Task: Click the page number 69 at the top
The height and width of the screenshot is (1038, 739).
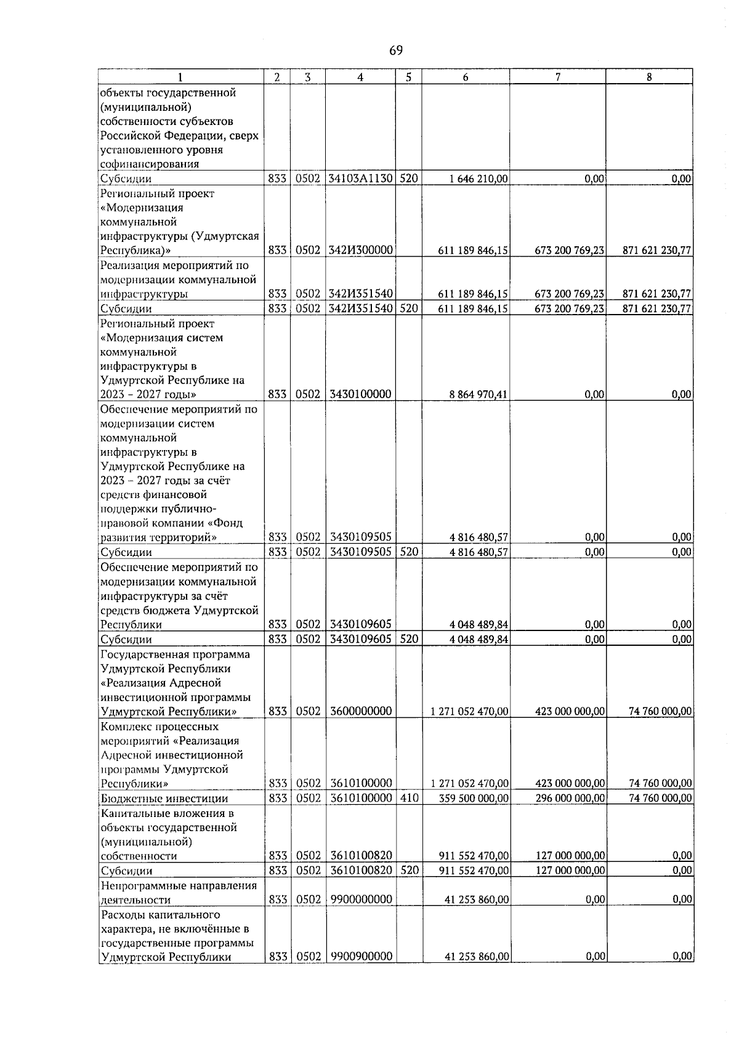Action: [x=396, y=50]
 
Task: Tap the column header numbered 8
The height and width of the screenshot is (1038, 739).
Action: [x=649, y=77]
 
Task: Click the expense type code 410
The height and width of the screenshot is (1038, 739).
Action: [x=409, y=799]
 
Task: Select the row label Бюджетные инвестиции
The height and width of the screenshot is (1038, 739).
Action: [x=164, y=799]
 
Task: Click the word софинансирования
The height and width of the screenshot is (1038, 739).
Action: [x=150, y=164]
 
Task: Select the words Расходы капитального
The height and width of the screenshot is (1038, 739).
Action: [x=160, y=915]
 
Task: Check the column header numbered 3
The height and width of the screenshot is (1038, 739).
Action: [x=307, y=77]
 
